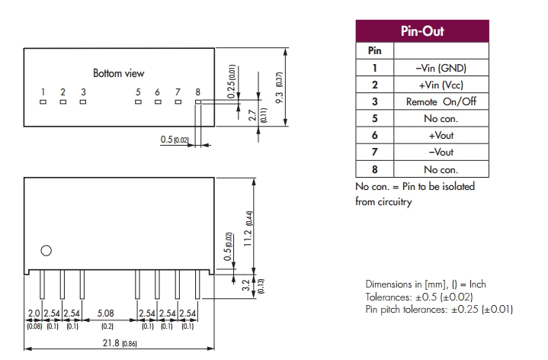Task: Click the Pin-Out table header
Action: (x=421, y=32)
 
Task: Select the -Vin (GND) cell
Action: (x=441, y=68)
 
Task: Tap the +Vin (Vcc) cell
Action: (x=441, y=85)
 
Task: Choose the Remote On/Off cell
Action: (x=441, y=101)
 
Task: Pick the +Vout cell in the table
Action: (x=441, y=135)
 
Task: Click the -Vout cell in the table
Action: (x=441, y=152)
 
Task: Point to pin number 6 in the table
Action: (x=374, y=135)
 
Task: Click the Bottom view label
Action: (x=118, y=74)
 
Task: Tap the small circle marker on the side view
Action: (x=46, y=250)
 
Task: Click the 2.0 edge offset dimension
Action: (x=34, y=313)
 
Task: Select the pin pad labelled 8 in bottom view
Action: (x=197, y=101)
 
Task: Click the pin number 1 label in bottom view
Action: (x=43, y=92)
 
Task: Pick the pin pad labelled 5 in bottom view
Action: (x=138, y=101)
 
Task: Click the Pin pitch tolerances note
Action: (x=439, y=309)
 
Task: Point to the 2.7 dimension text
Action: (x=252, y=116)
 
